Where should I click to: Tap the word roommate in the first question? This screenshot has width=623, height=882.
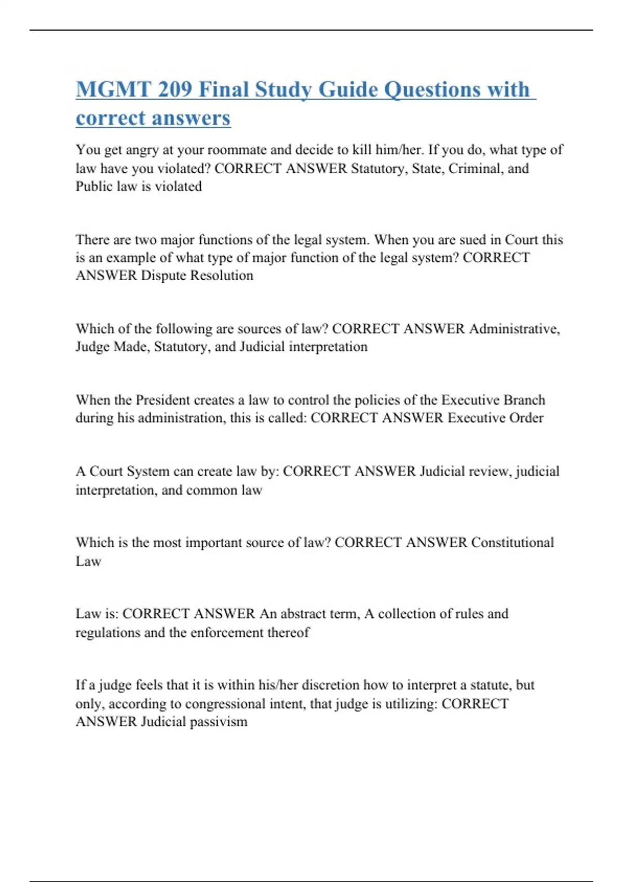(237, 150)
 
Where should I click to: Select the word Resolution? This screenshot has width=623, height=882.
(222, 275)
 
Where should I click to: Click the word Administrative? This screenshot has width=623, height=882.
(514, 329)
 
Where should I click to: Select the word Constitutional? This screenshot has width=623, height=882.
(512, 543)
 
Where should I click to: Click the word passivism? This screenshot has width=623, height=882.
(219, 722)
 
